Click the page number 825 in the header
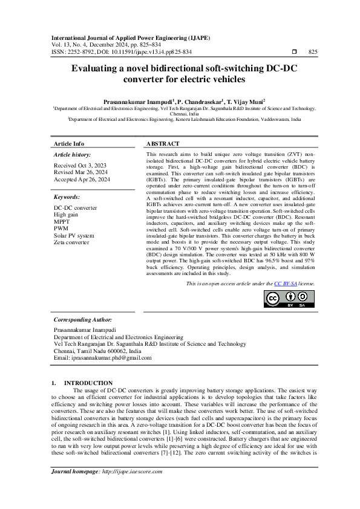coord(313,52)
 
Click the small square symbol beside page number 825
coord(294,52)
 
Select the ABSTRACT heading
coord(163,144)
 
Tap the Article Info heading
coord(69,144)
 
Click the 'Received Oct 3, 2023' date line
coord(80,165)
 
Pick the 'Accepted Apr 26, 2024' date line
coord(82,180)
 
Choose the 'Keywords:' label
coord(67,197)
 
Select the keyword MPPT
coord(62,222)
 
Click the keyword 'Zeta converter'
coord(71,242)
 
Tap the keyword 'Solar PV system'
coord(74,235)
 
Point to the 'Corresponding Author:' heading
coord(83,319)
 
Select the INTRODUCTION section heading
coord(88,383)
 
